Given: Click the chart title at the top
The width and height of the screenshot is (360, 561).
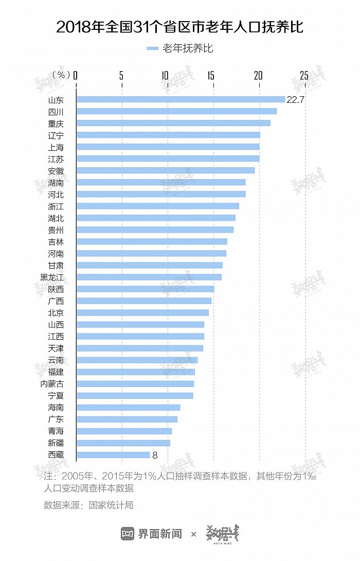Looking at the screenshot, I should tap(179, 27).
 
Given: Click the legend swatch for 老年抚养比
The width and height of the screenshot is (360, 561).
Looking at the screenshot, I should tap(152, 49).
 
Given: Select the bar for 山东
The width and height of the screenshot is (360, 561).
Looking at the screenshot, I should tap(180, 99).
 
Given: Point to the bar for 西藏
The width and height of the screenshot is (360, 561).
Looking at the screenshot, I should tap(113, 455).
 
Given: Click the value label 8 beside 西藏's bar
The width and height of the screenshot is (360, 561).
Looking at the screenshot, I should tap(154, 455).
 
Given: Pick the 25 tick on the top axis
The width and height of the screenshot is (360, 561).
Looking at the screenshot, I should tap(304, 76).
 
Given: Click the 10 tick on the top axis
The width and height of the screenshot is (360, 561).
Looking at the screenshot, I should tap(165, 76).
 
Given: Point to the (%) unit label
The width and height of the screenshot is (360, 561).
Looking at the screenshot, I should tap(61, 76).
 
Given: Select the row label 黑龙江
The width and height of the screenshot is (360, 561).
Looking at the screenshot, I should tap(52, 277).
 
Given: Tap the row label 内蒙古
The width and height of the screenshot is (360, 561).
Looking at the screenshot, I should tap(52, 384).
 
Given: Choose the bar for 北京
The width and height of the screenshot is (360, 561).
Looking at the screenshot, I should tap(142, 313).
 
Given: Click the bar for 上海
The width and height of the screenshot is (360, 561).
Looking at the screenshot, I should tap(168, 147).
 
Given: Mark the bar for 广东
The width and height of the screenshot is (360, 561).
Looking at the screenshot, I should tap(127, 419).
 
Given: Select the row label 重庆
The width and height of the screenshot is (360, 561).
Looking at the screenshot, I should tap(56, 124).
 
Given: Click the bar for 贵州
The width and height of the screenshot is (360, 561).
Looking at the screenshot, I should tap(154, 230).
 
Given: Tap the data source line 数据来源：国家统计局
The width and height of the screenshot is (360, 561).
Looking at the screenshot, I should tap(88, 505).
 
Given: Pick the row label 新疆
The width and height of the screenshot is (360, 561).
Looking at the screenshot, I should tap(56, 443).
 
